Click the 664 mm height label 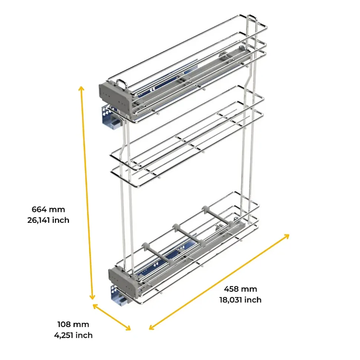(48, 209)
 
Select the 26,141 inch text (48, 220)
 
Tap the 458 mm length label (240, 289)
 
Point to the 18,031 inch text (240, 300)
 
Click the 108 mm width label (73, 324)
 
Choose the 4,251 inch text (73, 335)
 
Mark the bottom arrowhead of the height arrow (92, 297)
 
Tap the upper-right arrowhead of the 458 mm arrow (287, 236)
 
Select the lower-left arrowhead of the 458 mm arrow (152, 327)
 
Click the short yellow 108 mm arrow (112, 317)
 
